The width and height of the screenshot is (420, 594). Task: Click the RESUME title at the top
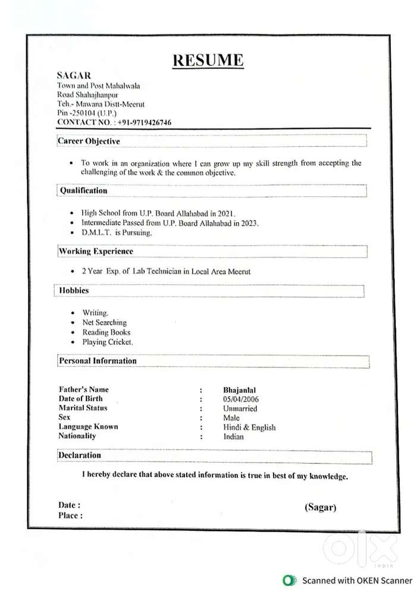208,60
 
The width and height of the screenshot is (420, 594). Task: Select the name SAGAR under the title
74,76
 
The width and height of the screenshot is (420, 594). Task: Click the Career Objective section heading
89,142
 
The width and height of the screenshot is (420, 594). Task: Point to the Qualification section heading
84,191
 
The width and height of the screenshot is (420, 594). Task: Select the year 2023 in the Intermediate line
249,223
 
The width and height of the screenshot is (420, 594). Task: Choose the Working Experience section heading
96,252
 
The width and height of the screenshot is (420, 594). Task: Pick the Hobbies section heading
74,291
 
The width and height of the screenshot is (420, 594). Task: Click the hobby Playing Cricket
108,342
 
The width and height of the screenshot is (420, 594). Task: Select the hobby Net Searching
105,322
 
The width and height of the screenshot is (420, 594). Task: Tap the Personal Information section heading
98,361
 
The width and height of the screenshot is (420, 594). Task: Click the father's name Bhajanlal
240,390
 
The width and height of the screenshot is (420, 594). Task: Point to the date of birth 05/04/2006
241,399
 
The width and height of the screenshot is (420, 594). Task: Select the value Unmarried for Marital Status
240,408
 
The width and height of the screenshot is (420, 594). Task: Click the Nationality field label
77,436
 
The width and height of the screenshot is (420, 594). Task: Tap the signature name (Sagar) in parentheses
321,507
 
